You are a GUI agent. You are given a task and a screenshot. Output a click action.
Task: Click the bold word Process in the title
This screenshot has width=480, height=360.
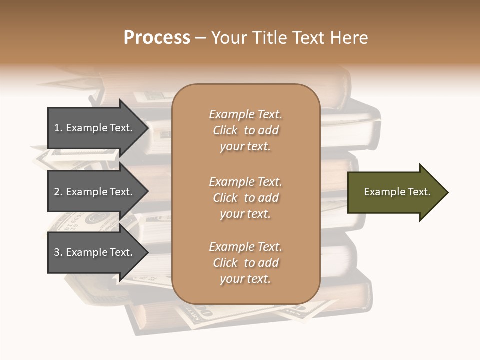click(x=157, y=38)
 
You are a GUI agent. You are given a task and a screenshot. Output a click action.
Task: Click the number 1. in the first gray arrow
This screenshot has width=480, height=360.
click(x=58, y=128)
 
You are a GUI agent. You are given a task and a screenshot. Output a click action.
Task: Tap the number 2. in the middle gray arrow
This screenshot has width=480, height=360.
click(x=58, y=192)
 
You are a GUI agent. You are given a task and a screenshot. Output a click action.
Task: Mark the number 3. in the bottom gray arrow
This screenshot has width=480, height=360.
click(x=58, y=252)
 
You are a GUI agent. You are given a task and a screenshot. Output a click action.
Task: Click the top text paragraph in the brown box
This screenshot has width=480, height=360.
click(x=245, y=130)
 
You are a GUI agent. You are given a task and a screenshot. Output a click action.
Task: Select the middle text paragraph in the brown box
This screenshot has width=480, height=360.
click(x=245, y=198)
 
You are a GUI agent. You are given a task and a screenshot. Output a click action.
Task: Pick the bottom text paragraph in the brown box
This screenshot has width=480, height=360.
click(x=245, y=263)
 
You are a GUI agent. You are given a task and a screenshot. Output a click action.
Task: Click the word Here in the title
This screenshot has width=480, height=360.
click(x=349, y=38)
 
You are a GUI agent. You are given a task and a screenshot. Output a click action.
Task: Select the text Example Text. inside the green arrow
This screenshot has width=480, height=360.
click(x=397, y=192)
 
